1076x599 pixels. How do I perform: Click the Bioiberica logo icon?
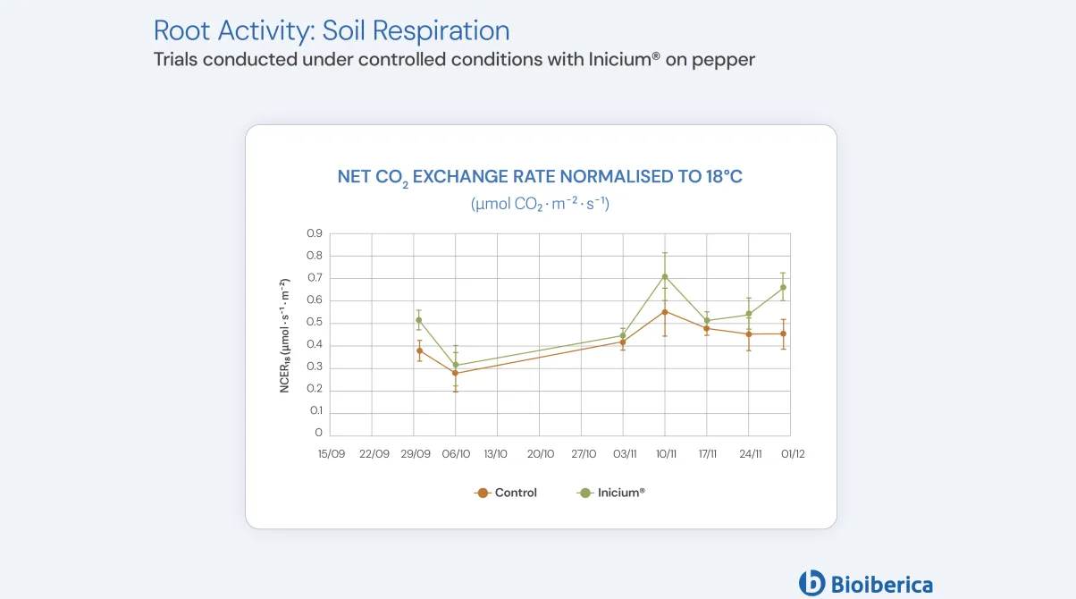click(811, 583)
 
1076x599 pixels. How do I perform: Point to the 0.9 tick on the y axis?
click(315, 233)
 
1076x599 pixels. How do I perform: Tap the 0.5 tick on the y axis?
click(315, 323)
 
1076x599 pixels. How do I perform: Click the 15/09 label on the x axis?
click(332, 454)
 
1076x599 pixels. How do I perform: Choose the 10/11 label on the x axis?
click(666, 454)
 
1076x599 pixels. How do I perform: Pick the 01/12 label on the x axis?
click(793, 454)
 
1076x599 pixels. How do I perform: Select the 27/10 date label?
click(583, 454)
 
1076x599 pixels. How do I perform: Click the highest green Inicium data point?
click(665, 276)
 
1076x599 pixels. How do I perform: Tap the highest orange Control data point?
click(665, 312)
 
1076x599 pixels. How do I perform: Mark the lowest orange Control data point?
click(456, 373)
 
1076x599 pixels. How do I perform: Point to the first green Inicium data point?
click(419, 320)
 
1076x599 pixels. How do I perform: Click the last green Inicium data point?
click(784, 287)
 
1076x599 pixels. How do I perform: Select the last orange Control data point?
click(784, 333)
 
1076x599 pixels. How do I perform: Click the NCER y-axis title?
click(285, 335)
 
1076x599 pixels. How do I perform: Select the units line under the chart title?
click(540, 204)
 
